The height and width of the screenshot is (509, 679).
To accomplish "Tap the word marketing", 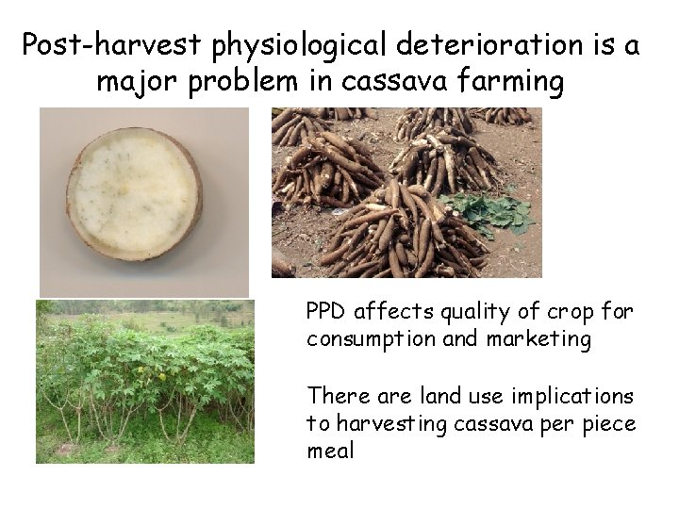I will tap(538, 339).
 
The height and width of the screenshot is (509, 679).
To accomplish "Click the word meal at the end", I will tap(330, 452).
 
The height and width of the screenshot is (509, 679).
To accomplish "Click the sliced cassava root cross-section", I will tap(135, 193).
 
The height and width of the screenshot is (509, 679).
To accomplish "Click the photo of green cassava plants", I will tap(144, 381).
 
